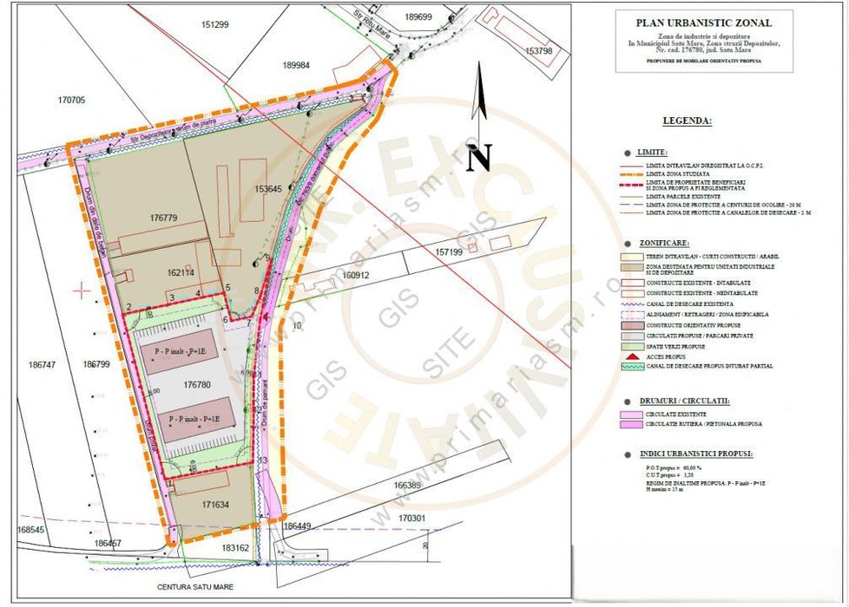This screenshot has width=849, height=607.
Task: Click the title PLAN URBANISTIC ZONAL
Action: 703,23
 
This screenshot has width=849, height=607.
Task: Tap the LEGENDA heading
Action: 687,121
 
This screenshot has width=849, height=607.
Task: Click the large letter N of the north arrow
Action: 480,157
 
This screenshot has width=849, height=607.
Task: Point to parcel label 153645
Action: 269,188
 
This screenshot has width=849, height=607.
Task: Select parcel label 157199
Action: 450,251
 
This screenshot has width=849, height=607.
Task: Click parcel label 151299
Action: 214,24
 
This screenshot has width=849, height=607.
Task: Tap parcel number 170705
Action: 71,101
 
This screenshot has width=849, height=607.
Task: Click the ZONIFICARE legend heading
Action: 664,245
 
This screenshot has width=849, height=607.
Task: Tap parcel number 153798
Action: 538,51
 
